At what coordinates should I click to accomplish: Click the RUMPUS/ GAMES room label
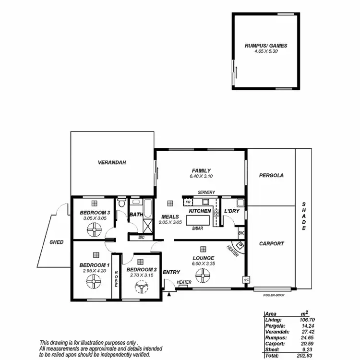[x=265, y=46]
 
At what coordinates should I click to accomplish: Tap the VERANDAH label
[x=112, y=163]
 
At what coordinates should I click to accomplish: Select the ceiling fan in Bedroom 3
[x=95, y=231]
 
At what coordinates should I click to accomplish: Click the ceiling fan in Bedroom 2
[x=141, y=287]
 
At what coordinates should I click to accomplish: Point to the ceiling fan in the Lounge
[x=204, y=276]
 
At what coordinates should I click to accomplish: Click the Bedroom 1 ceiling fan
[x=94, y=287]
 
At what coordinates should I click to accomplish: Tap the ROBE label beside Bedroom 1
[x=116, y=279]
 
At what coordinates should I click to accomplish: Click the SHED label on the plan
[x=57, y=242]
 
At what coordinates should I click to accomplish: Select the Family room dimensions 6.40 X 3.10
[x=202, y=176]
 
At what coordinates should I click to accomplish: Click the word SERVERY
[x=206, y=192]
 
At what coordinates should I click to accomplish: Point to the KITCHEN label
[x=200, y=211]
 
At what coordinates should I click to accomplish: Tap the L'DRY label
[x=232, y=211]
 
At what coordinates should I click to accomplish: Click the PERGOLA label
[x=271, y=175]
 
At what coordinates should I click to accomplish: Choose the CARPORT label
[x=271, y=243]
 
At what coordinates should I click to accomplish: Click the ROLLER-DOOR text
[x=274, y=295]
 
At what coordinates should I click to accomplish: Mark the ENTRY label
[x=171, y=272]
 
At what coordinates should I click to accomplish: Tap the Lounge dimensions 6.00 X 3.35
[x=204, y=264]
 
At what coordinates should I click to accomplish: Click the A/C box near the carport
[x=246, y=279]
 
